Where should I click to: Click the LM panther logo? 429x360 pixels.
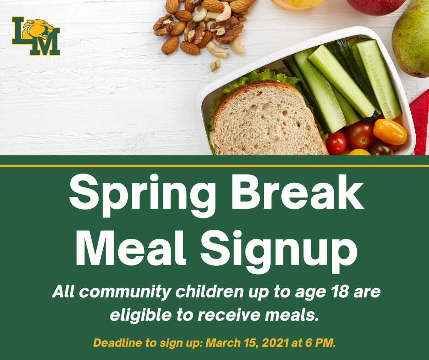pyautogui.click(x=36, y=36)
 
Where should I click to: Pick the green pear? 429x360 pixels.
pyautogui.click(x=410, y=39)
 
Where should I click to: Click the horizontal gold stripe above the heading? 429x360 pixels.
pyautogui.click(x=214, y=166)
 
